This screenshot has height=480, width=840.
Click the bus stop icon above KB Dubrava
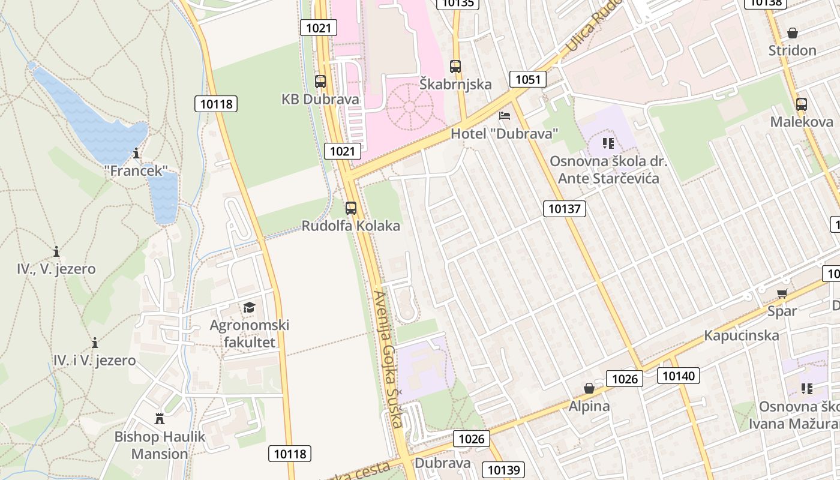pyautogui.click(x=320, y=82)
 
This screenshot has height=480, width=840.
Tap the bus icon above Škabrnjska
pyautogui.click(x=455, y=67)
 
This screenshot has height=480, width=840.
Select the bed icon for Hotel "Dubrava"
pyautogui.click(x=505, y=116)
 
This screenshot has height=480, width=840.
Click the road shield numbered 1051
pyautogui.click(x=528, y=79)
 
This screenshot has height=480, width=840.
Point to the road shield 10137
pyautogui.click(x=564, y=209)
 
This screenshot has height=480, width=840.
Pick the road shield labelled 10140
pyautogui.click(x=679, y=376)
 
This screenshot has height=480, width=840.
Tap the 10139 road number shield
pyautogui.click(x=503, y=470)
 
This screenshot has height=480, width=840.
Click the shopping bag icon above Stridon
pyautogui.click(x=792, y=33)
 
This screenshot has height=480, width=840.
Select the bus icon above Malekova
pyautogui.click(x=801, y=104)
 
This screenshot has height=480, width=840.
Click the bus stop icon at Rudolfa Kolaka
pyautogui.click(x=351, y=209)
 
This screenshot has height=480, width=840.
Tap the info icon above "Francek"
pyautogui.click(x=137, y=154)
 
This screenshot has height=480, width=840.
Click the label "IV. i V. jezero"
pyautogui.click(x=95, y=361)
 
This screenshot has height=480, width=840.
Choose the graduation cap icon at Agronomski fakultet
pyautogui.click(x=249, y=308)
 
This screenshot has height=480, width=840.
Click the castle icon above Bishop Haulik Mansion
pyautogui.click(x=160, y=419)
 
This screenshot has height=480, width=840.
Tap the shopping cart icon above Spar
pyautogui.click(x=782, y=294)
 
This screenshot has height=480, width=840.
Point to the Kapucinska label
pyautogui.click(x=742, y=335)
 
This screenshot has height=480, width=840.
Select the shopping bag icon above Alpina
pyautogui.click(x=589, y=389)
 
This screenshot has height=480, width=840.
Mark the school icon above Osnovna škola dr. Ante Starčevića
pyautogui.click(x=608, y=143)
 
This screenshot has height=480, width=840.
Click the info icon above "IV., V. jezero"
pyautogui.click(x=56, y=251)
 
